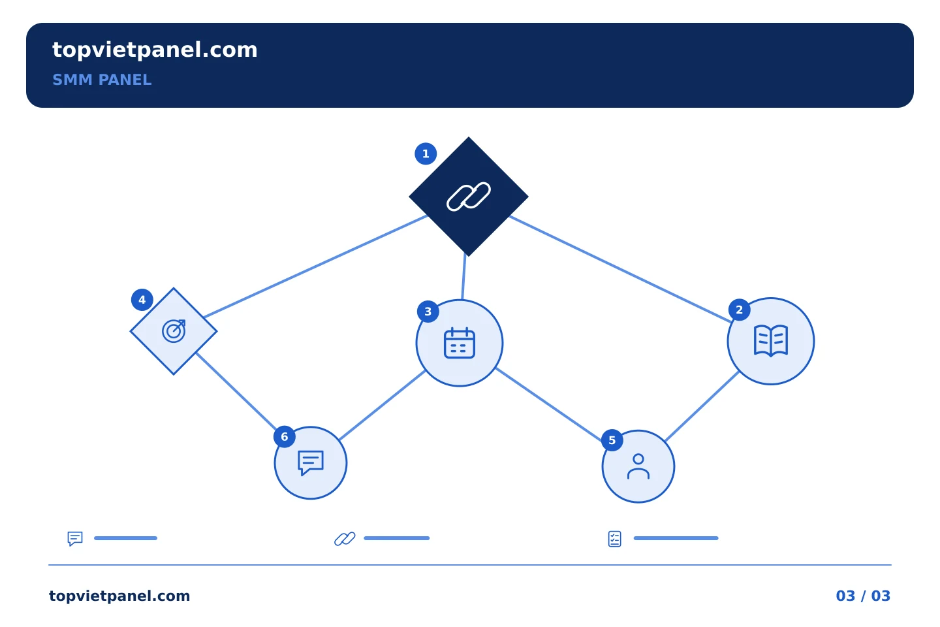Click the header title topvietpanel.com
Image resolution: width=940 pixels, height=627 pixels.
pos(155,50)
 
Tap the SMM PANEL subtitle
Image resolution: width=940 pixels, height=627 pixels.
pos(102,80)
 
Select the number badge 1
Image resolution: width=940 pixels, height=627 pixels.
pos(426,153)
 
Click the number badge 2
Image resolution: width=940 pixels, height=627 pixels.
pos(740,310)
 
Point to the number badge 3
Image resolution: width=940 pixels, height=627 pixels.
pos(428,312)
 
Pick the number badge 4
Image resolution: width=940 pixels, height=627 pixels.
pos(142,300)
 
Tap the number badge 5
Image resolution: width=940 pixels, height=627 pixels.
pos(612,440)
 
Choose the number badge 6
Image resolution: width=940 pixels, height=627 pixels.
pos(285,437)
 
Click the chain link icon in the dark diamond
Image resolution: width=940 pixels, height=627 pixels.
pos(468,196)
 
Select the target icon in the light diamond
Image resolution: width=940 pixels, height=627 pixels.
pos(174,331)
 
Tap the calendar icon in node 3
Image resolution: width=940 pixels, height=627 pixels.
pos(460,343)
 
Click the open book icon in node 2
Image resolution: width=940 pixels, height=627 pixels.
pos(771,340)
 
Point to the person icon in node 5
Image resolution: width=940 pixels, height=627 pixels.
pos(638,466)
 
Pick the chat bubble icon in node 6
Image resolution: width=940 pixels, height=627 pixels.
pos(311,463)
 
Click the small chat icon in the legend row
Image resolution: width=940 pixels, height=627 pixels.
pos(75,538)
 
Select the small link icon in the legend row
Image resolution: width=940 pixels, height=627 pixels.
pos(345,538)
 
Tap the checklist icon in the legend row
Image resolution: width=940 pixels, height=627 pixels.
pos(615,539)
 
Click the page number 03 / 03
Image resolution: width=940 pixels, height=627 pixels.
pos(863,596)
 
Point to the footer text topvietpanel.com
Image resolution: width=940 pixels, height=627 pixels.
pos(119,596)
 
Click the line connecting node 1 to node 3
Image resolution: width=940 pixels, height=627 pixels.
pos(463,276)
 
